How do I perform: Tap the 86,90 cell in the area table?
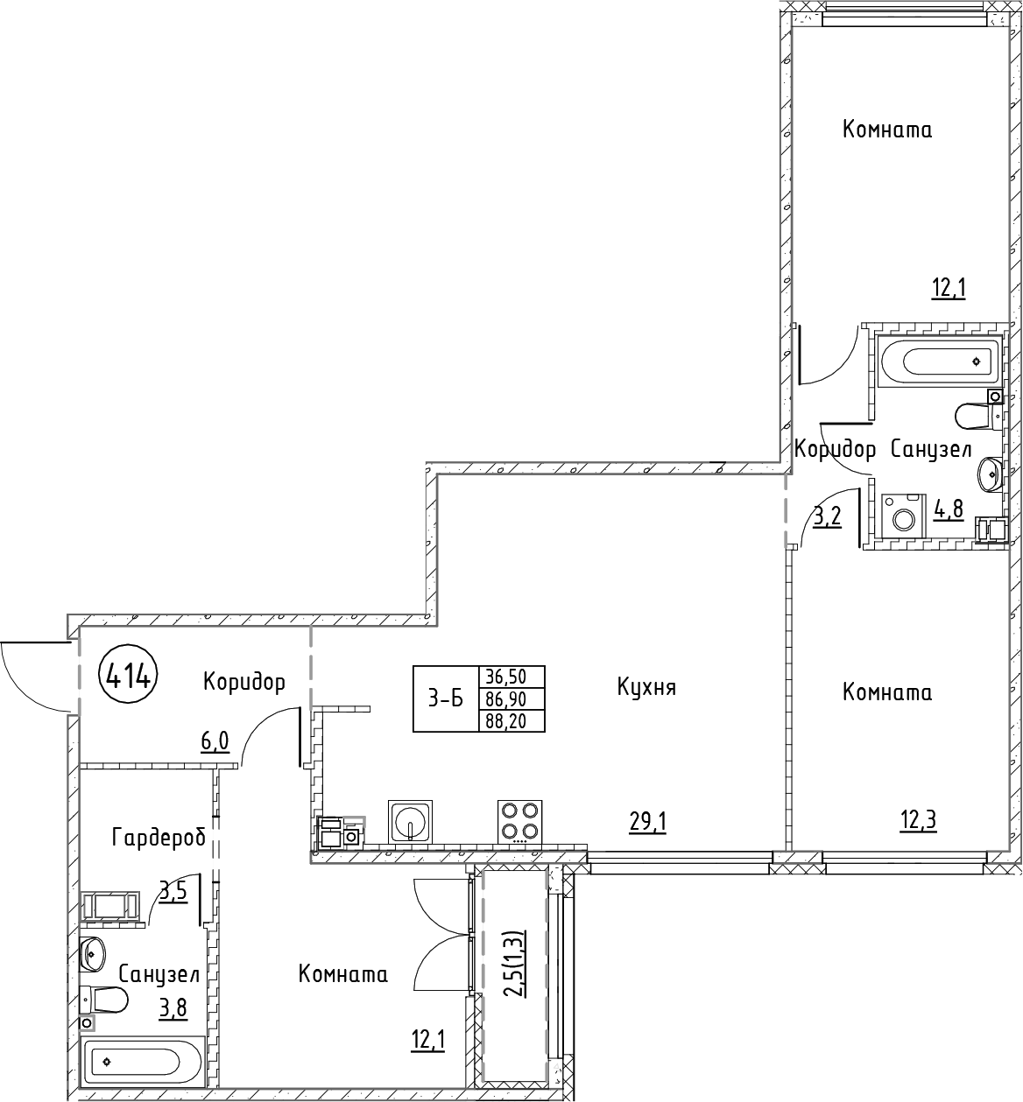tap(512, 698)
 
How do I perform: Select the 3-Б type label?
tap(445, 698)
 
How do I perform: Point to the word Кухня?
tap(646, 688)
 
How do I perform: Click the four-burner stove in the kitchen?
tap(519, 822)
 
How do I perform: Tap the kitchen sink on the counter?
tap(410, 822)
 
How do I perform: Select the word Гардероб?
tap(159, 839)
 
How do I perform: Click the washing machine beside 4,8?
tap(904, 514)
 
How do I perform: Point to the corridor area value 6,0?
tap(215, 742)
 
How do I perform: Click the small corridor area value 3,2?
tap(828, 516)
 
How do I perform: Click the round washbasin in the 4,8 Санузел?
tap(989, 474)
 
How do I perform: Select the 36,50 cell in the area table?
tap(512, 677)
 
